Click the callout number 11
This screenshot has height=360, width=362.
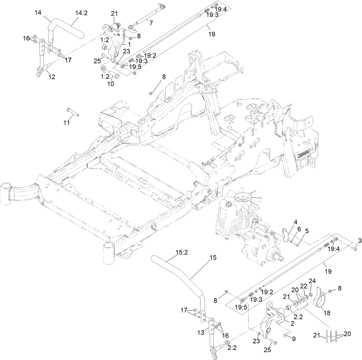click(66, 123)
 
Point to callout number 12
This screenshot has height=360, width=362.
click(52, 77)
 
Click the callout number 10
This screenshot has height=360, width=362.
click(110, 84)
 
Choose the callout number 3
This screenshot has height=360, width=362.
click(359, 241)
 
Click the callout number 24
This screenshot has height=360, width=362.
click(312, 281)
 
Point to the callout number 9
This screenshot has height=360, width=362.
click(294, 339)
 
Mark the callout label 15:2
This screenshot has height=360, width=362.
click(182, 253)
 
